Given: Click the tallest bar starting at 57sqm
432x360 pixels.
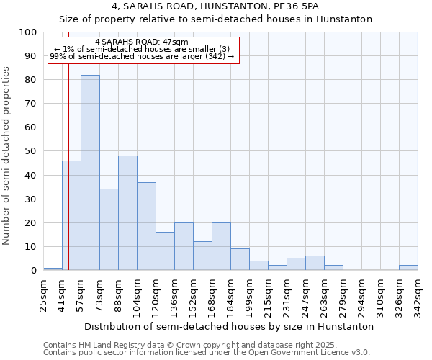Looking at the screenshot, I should coord(90,173).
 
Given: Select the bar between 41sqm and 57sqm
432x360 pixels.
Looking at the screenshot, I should coord(71,215).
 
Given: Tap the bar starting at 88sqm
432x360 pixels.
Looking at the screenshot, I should coord(127,213).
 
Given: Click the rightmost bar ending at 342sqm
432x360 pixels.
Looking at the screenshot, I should coord(408,268).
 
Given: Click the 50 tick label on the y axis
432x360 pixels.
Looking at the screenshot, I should coord(30,151).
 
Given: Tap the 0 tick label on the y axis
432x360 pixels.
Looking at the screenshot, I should coord(33,271).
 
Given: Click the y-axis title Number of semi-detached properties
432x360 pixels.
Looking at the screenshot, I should coord(7,155).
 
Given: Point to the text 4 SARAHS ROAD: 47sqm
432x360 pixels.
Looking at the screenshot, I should coord(142,42).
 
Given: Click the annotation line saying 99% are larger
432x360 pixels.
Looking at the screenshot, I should coord(142,56).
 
